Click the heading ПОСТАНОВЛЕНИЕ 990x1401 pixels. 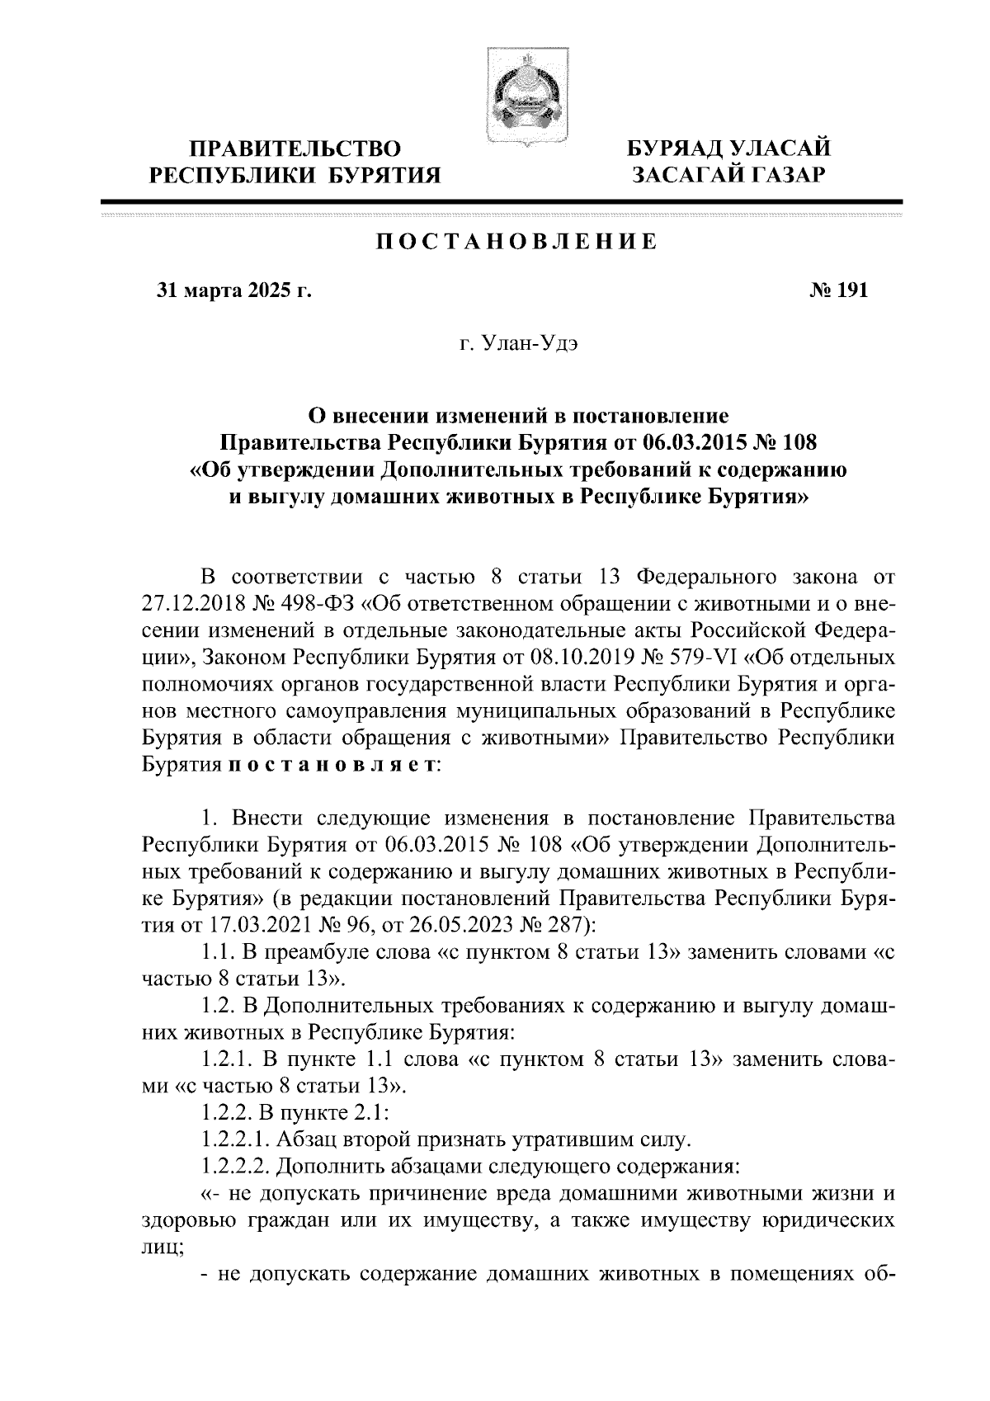coord(516,243)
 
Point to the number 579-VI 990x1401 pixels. coord(693,658)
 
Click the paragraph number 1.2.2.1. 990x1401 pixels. coord(234,1141)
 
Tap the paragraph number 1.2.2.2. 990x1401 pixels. coord(234,1167)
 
